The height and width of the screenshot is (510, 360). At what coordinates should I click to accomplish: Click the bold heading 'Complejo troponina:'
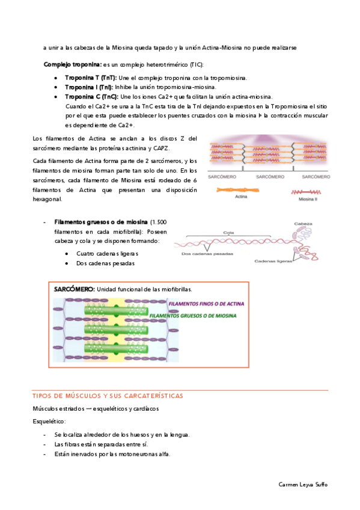coord(73,64)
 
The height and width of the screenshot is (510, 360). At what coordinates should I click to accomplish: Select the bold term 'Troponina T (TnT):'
coord(91,78)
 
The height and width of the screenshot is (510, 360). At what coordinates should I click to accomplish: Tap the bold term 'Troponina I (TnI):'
coord(89,87)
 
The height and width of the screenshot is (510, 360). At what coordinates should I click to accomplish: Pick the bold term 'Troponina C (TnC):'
coord(91,97)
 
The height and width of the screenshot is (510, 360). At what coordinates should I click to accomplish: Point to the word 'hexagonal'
coord(46,199)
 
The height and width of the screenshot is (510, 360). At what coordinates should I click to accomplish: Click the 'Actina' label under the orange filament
coord(241,197)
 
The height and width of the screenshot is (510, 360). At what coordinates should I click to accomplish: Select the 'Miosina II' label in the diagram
coord(308,199)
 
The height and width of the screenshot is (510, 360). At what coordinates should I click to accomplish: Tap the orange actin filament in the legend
coord(238,190)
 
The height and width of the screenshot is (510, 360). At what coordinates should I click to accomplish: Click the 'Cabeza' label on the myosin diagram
coord(303,224)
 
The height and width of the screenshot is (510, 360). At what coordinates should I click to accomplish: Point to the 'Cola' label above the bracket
coord(229,233)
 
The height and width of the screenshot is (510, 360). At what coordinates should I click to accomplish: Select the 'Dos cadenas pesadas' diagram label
coord(207,254)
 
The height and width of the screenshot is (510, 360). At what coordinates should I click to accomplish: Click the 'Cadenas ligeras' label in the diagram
coord(273,261)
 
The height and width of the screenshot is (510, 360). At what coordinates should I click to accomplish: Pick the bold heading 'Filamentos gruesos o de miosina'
coord(101,222)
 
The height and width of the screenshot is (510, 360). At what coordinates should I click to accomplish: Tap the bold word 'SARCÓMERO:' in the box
coord(74,289)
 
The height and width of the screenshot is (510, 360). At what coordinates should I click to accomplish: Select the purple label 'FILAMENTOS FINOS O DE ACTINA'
coord(206,304)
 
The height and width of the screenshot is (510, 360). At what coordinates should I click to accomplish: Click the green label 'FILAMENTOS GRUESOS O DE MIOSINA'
coord(193,316)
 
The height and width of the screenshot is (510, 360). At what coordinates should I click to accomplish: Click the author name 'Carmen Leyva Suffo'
coord(303,485)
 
